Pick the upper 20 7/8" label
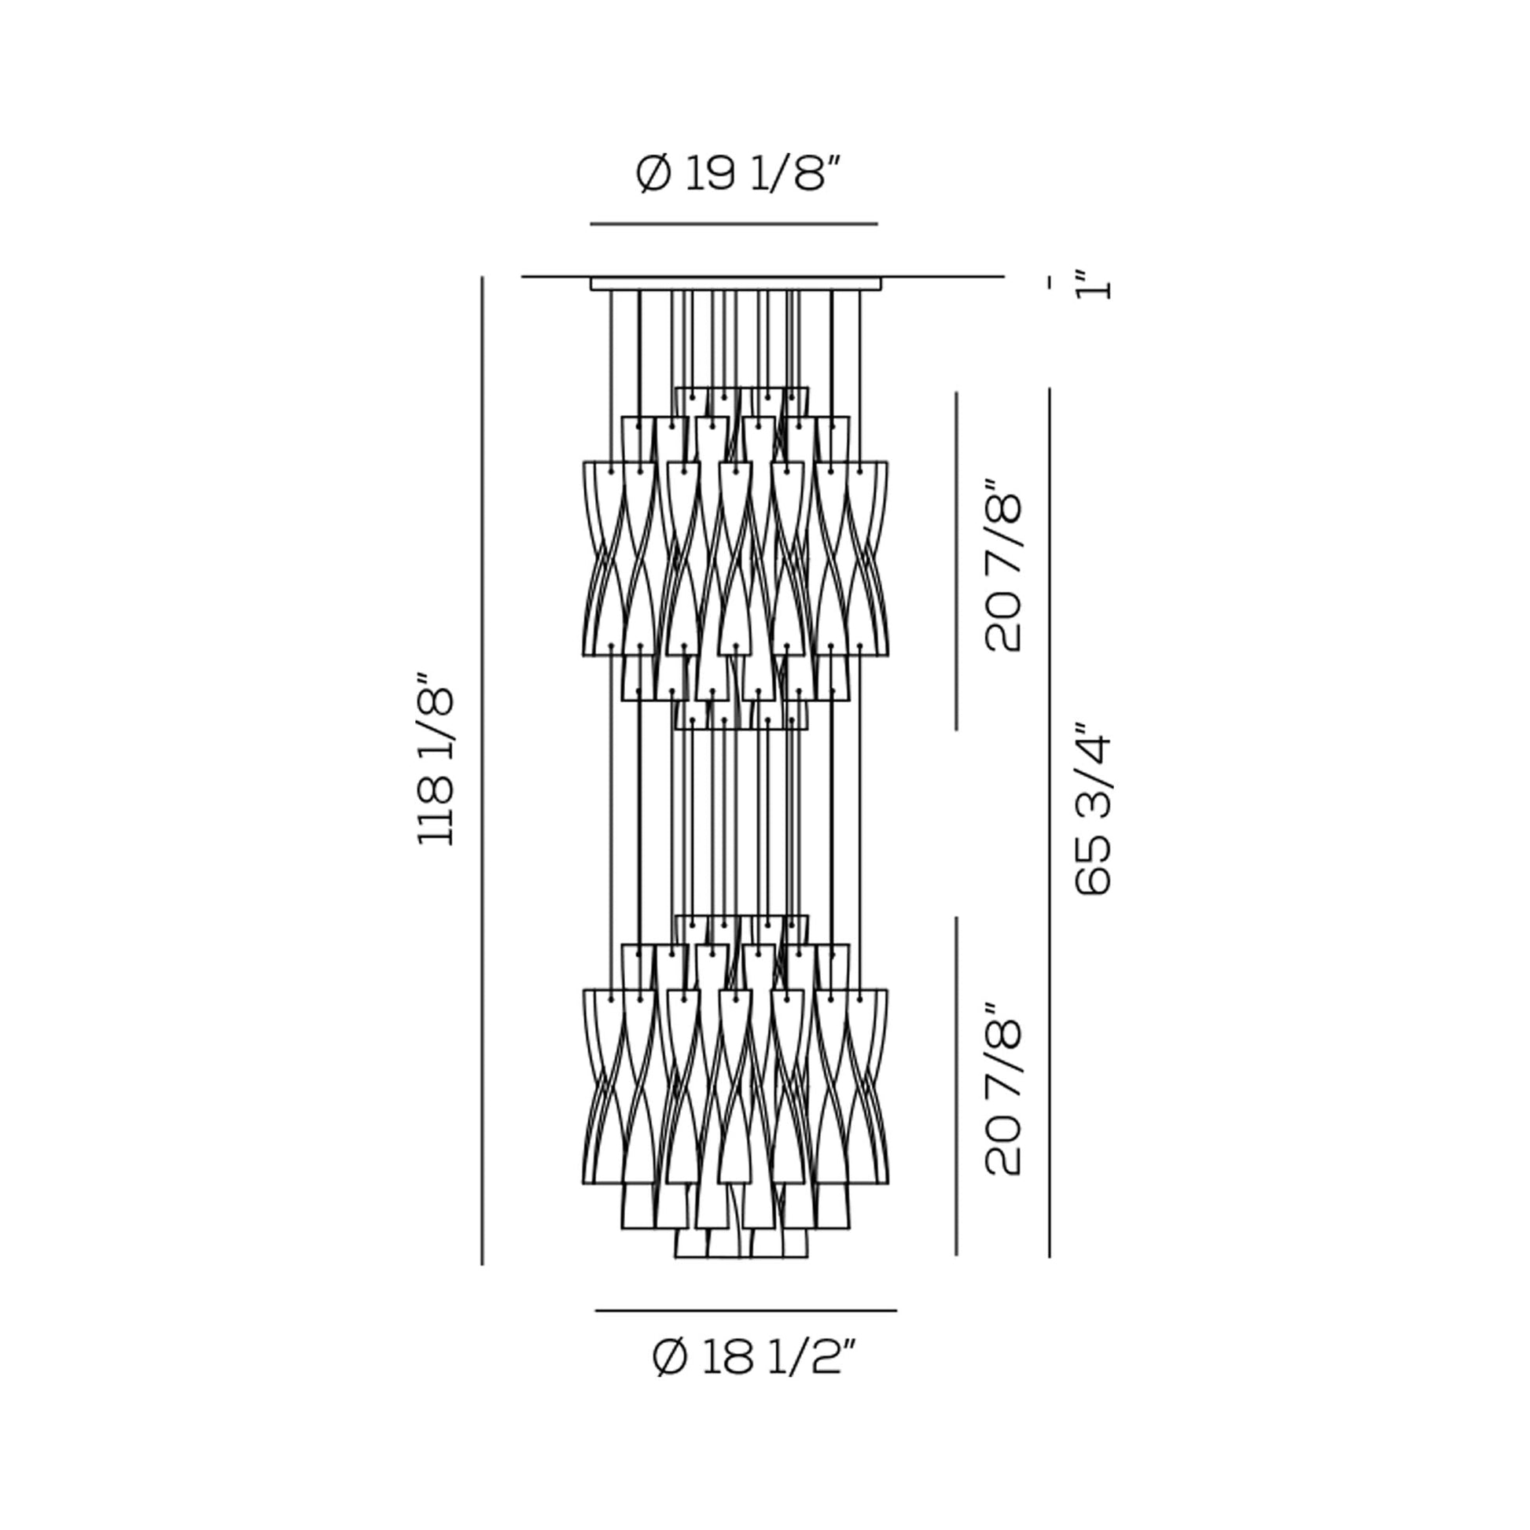tap(1002, 565)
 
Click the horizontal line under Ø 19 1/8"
tap(734, 224)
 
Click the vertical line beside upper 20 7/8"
tap(956, 560)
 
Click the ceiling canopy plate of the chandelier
tap(735, 284)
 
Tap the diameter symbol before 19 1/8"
tap(653, 175)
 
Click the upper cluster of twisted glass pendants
tap(735, 558)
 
